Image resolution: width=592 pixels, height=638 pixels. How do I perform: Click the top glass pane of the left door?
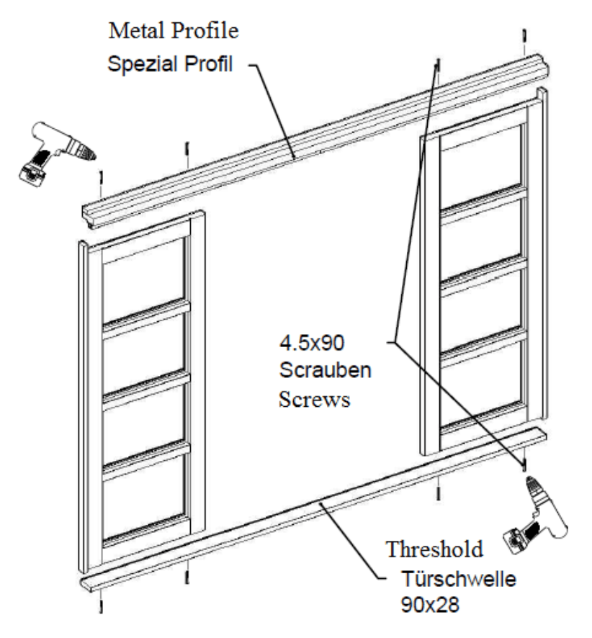144,277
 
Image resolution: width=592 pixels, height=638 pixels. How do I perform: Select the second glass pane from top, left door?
144,353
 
